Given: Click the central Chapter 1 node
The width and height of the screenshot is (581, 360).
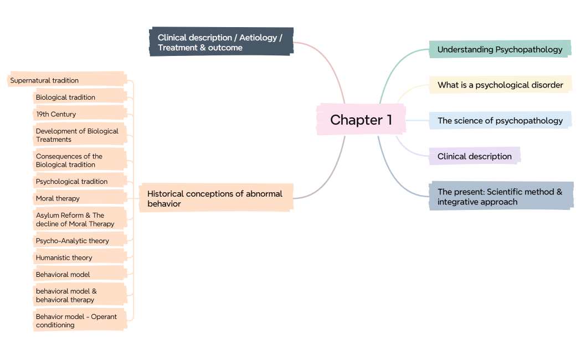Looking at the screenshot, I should click(361, 120).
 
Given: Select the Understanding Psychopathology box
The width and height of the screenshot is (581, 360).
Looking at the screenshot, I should click(500, 49).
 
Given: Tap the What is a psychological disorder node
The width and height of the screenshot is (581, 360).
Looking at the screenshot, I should click(500, 85).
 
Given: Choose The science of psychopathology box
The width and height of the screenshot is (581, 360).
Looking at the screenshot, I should click(500, 121).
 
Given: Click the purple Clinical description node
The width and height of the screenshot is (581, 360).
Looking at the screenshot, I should click(475, 156).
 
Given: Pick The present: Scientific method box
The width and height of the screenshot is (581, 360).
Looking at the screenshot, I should click(500, 197).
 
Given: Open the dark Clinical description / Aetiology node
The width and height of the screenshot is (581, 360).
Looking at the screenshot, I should click(221, 43).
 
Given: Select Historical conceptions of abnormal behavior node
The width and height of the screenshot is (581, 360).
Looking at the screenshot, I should click(215, 199).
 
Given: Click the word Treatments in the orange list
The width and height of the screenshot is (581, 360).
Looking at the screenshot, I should click(54, 140).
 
